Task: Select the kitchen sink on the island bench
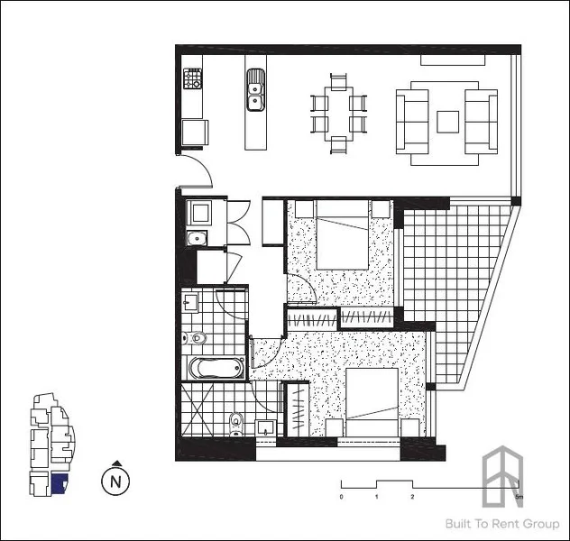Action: pos(254,89)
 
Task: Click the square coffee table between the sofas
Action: pos(448,120)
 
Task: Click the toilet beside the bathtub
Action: pos(198,338)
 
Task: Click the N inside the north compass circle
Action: pos(115,481)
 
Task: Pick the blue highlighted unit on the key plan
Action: pos(60,485)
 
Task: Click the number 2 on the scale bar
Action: pos(411,497)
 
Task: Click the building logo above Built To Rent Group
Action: pos(503,476)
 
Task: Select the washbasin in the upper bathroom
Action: pos(191,302)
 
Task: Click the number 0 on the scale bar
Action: pos(341,497)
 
